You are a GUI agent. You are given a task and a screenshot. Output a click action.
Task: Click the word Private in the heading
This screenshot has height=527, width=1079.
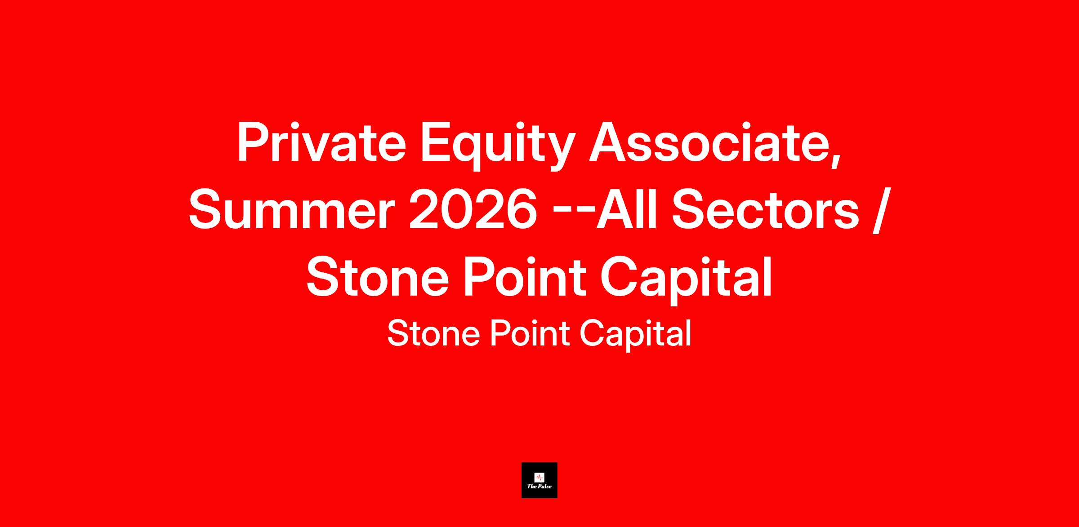(321, 142)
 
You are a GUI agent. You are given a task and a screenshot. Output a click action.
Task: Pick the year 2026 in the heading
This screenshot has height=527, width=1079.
(473, 209)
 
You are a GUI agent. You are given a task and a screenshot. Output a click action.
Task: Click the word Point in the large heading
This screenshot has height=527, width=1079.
(525, 277)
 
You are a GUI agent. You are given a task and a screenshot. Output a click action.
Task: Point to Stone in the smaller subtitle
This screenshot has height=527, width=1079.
(434, 333)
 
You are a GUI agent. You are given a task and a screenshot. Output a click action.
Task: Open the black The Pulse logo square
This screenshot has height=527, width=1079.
(539, 480)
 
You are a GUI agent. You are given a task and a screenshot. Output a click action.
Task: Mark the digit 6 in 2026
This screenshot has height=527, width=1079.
(522, 209)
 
